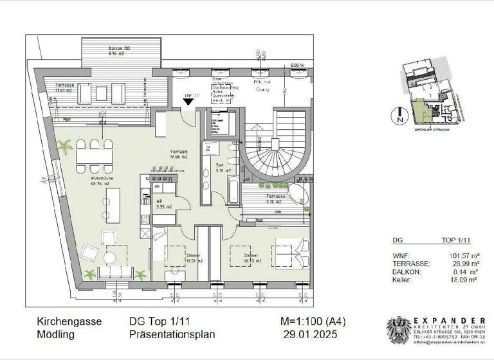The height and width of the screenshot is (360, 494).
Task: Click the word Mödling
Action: coord(55,335)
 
